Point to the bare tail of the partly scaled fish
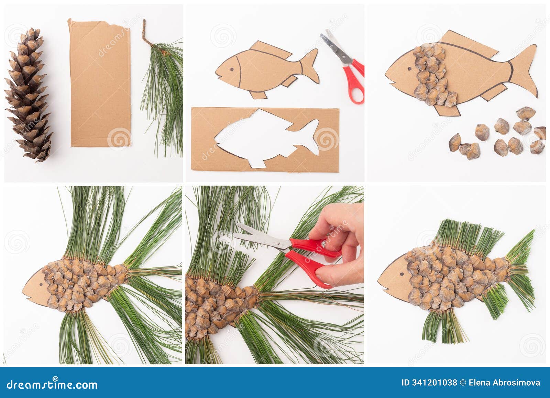(524, 69)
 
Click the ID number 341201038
(429, 383)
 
